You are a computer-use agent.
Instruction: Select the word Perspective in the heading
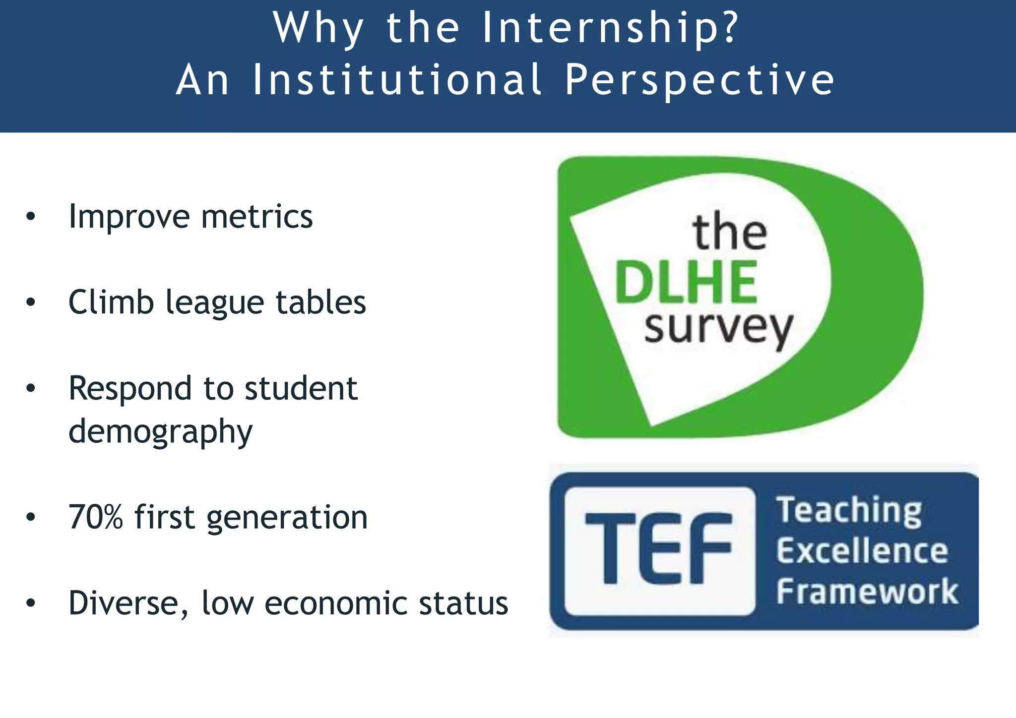coord(699,80)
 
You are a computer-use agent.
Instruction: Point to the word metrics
coord(256,217)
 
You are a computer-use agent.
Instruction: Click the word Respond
coord(129,389)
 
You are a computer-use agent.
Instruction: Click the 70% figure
coord(96,517)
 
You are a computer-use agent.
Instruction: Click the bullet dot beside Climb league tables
coord(31,302)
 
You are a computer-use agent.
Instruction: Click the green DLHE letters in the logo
coord(686,282)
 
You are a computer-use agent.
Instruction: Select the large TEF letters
coord(658,548)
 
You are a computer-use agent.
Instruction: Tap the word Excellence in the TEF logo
coord(862,551)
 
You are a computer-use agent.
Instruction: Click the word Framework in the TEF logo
coord(867,592)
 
